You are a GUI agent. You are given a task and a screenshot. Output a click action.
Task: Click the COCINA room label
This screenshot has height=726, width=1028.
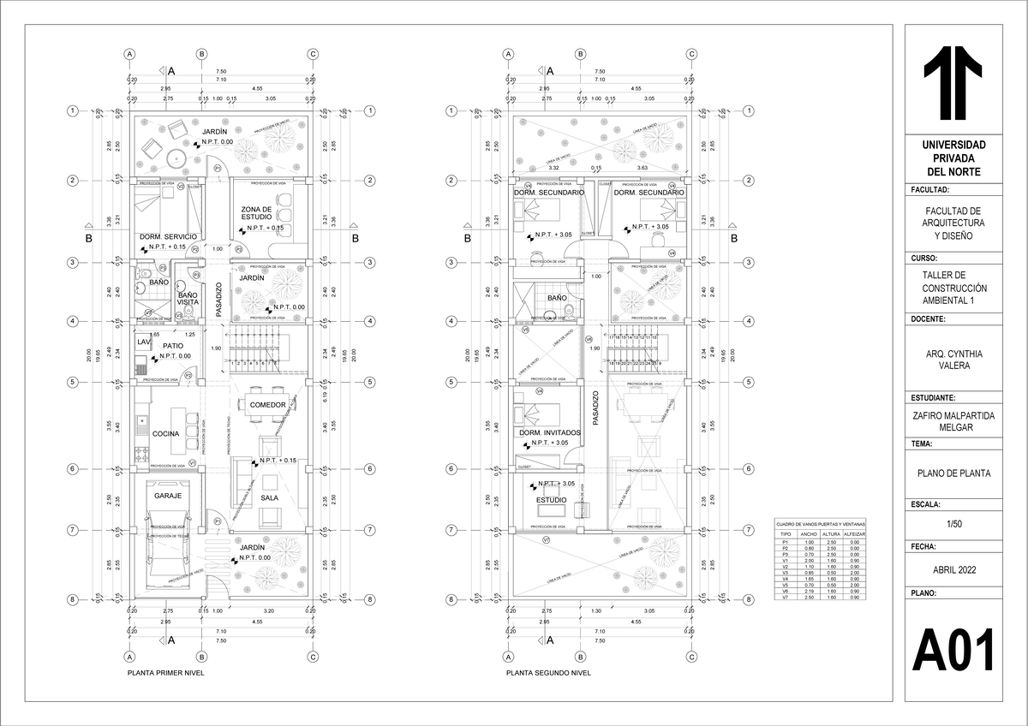coord(165,434)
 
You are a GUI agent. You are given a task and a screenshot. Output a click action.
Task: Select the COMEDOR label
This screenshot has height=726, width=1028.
coord(267,404)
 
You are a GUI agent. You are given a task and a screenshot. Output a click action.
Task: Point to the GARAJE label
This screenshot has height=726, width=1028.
coord(167,496)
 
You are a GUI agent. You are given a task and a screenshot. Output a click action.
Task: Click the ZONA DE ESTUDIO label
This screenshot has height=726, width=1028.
coord(256,214)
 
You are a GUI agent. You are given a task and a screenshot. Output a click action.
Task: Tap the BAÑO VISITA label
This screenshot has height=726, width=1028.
coord(188,299)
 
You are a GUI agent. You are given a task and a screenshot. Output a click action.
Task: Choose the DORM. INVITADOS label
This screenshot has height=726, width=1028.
coord(550,433)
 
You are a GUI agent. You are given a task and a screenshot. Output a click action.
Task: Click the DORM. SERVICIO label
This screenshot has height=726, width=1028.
coord(168,236)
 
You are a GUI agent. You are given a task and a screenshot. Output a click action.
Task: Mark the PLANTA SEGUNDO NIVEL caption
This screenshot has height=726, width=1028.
coord(548,673)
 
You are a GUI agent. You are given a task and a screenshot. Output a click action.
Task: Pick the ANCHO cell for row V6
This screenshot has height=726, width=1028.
coord(808,591)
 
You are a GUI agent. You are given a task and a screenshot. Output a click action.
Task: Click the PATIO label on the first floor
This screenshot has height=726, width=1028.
coord(174,346)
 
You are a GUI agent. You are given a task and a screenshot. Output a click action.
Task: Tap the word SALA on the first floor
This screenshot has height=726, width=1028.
coord(270,497)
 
